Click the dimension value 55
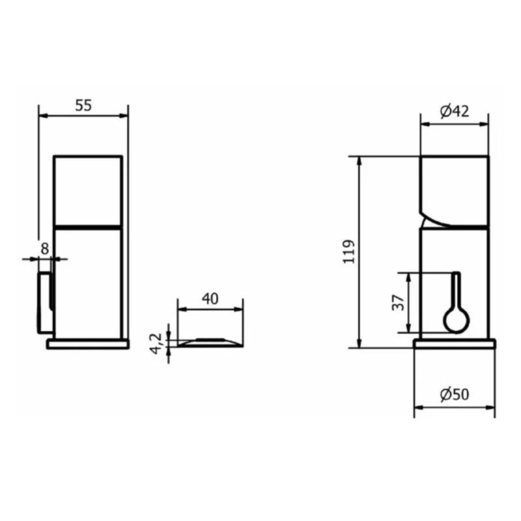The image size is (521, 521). coord(83,106)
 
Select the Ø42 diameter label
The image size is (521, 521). coord(454,111)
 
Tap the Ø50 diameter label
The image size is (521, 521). coord(454,395)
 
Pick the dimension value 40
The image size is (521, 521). coord(209,299)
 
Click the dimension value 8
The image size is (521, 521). coord(44,248)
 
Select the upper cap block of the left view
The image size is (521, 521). coord(88,190)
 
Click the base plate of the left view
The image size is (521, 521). coord(88,343)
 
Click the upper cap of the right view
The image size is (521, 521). coord(454,189)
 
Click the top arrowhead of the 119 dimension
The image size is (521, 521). coord(359,162)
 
